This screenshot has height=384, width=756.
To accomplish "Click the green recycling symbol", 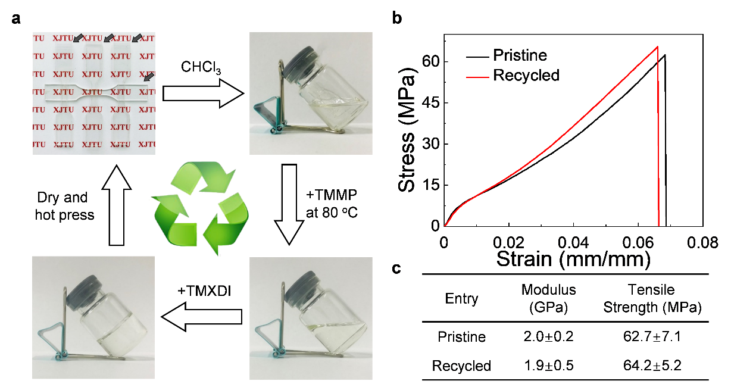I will pos(201,209).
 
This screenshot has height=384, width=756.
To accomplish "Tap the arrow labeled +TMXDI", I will pos(203,317).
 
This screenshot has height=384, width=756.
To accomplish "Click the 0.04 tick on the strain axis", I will pos(573,243).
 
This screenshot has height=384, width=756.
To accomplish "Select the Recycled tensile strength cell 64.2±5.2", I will pos(652,366).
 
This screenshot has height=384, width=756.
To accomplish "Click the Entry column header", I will pos(461,299).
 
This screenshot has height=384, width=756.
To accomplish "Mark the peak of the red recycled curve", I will pos(657,46).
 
